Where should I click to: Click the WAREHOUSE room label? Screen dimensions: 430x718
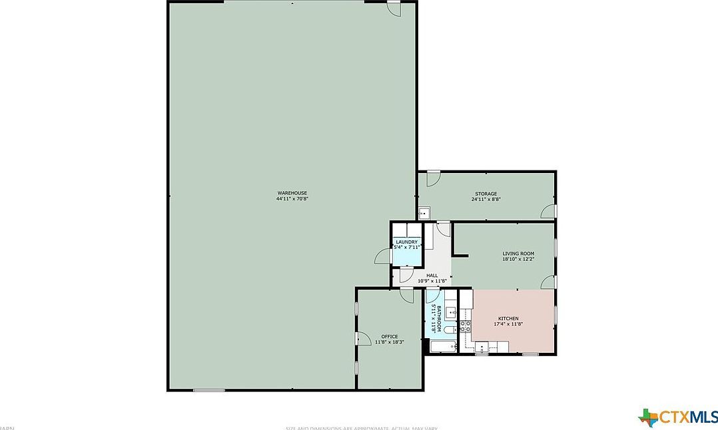[292, 193]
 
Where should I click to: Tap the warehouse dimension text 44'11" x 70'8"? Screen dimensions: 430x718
[292, 199]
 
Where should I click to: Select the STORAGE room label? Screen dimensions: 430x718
[486, 194]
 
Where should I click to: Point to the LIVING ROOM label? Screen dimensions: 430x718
[518, 254]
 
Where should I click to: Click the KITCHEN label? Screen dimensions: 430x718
[508, 319]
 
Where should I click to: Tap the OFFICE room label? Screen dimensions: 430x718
[389, 336]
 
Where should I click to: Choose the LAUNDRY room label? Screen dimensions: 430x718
[406, 242]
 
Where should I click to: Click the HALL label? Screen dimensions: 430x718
[432, 276]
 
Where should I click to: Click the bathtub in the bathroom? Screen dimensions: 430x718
[442, 346]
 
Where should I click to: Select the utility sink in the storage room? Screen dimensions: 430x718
[424, 214]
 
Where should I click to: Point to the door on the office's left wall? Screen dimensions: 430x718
[363, 339]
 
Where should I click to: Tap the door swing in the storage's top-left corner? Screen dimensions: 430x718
[432, 178]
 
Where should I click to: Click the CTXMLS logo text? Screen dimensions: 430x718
[688, 417]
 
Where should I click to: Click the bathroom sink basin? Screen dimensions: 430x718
[451, 311]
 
